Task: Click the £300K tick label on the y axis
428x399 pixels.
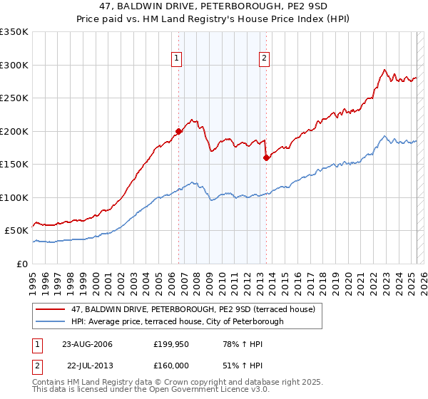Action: click(14, 65)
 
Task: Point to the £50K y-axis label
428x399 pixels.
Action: click(16, 231)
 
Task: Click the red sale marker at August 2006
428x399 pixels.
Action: click(179, 131)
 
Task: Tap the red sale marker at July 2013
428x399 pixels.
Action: click(266, 157)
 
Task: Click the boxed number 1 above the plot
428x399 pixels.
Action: click(176, 59)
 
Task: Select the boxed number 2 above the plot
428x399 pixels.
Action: click(264, 59)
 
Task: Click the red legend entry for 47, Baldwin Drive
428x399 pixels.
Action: click(197, 309)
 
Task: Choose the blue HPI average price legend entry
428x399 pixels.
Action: click(177, 321)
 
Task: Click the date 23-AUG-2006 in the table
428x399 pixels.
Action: click(87, 344)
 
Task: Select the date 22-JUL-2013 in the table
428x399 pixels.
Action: click(87, 366)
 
